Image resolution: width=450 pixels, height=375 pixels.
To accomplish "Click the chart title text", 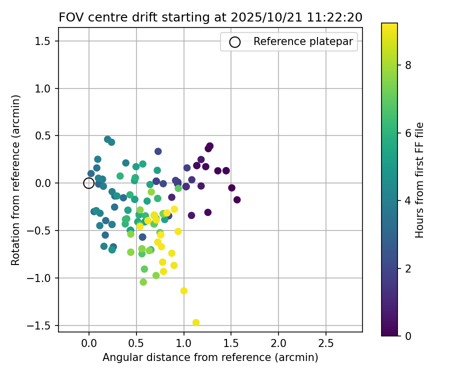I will click(x=210, y=17).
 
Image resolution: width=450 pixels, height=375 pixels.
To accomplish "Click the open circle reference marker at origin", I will click(x=89, y=183).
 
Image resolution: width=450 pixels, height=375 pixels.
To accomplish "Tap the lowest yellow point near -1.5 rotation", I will click(x=196, y=322).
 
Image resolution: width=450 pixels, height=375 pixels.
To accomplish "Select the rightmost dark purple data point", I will click(x=237, y=200).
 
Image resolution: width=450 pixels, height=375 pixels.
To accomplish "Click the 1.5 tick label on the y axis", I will click(x=43, y=41).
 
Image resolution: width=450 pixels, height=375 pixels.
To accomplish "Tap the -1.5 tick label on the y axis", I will click(x=40, y=325).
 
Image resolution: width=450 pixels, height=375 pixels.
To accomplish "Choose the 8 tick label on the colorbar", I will click(x=408, y=65).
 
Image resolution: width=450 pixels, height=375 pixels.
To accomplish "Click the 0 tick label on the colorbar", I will click(x=408, y=335).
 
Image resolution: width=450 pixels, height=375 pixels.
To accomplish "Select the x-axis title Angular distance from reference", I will click(x=210, y=357).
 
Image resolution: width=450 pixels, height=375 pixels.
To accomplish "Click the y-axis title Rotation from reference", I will click(x=16, y=180).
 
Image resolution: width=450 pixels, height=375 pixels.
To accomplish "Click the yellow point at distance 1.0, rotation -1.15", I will click(x=184, y=290).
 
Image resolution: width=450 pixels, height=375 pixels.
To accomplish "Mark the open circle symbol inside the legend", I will click(x=234, y=42).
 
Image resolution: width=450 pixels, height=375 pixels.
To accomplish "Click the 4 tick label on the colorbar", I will click(x=408, y=200).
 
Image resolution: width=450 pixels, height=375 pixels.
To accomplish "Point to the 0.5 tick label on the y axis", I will click(x=43, y=135).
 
